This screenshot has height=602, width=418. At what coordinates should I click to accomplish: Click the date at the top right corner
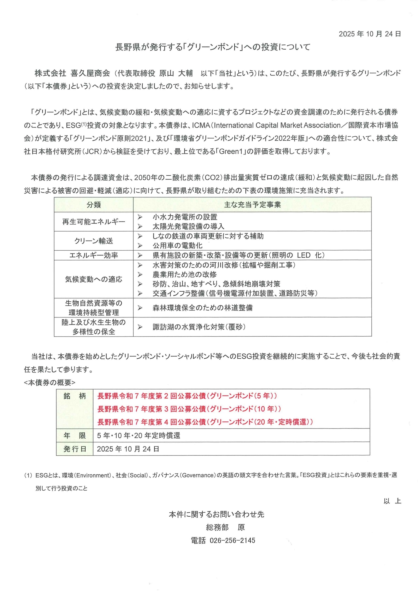click(370, 34)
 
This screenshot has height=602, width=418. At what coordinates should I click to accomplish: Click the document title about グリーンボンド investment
click(213, 47)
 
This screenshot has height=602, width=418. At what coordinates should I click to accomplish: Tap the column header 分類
click(94, 205)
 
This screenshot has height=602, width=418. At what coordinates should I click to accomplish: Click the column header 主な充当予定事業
click(252, 205)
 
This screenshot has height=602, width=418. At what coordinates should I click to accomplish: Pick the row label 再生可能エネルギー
click(94, 222)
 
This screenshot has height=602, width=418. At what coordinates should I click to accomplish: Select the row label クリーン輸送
click(94, 241)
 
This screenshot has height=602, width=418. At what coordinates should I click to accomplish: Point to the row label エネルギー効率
click(94, 255)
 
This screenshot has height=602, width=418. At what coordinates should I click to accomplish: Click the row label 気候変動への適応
click(94, 279)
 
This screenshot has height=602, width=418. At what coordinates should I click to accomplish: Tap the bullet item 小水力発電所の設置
click(185, 217)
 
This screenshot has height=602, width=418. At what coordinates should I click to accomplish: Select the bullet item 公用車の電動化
click(177, 246)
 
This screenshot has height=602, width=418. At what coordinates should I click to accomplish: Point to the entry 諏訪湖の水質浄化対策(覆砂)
click(199, 327)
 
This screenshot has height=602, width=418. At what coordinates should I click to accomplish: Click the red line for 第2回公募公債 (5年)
click(187, 396)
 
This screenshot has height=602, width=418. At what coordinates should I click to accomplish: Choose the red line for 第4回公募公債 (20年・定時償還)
click(205, 422)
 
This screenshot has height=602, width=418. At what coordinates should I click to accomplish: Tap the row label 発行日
click(75, 449)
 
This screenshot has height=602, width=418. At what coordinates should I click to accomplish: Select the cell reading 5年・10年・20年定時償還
click(138, 436)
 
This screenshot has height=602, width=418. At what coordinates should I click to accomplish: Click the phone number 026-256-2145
click(232, 540)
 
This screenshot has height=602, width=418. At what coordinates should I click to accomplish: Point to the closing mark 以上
click(392, 501)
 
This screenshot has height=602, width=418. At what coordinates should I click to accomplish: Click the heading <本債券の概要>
click(50, 383)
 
